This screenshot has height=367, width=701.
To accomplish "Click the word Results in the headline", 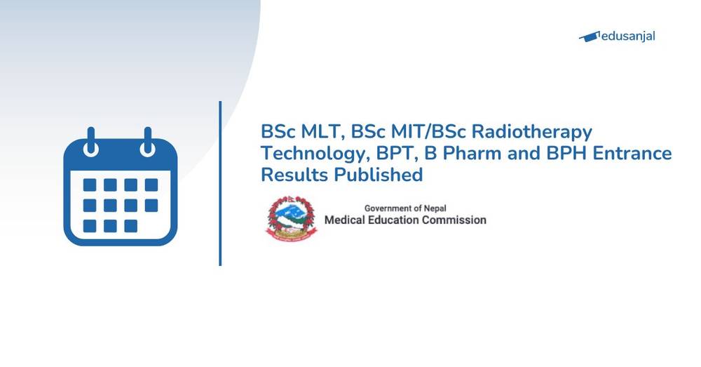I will (x=294, y=175).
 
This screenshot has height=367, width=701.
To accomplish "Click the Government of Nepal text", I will (x=405, y=208).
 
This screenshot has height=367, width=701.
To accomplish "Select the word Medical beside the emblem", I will (x=348, y=220).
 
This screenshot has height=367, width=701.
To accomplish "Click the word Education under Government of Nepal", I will (x=401, y=220).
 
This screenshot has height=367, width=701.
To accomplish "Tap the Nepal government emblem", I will (x=290, y=218).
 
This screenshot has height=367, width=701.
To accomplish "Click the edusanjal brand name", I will (x=628, y=36).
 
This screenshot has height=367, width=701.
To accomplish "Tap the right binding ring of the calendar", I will (x=148, y=142).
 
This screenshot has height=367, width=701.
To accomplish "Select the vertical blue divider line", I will (x=220, y=183).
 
